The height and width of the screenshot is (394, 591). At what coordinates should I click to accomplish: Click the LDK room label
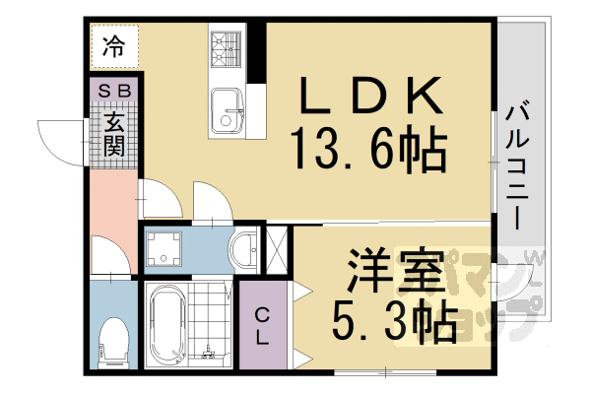(369, 98)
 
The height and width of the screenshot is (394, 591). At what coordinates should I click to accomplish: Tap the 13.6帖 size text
(369, 151)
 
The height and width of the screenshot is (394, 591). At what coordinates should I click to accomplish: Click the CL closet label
(263, 326)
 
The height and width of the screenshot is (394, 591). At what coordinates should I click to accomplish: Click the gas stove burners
(226, 46)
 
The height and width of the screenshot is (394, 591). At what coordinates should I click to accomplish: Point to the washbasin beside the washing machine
(243, 250)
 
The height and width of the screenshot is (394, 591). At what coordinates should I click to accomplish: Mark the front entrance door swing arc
(59, 138)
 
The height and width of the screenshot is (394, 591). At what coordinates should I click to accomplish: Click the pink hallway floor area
(111, 202)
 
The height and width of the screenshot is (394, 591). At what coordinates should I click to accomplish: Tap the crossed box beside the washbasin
(277, 250)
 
